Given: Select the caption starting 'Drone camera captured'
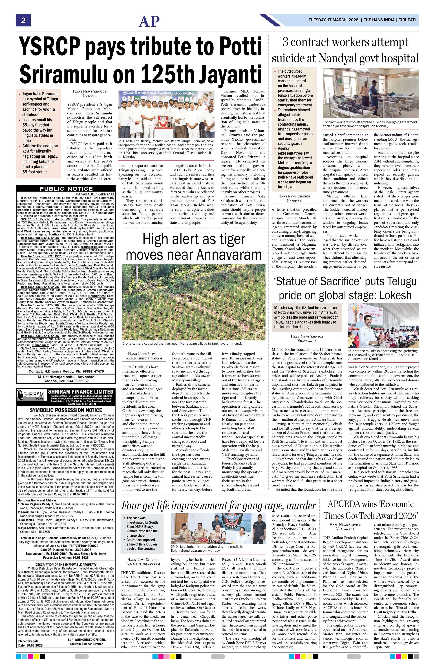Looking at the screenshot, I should click(183, 343).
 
